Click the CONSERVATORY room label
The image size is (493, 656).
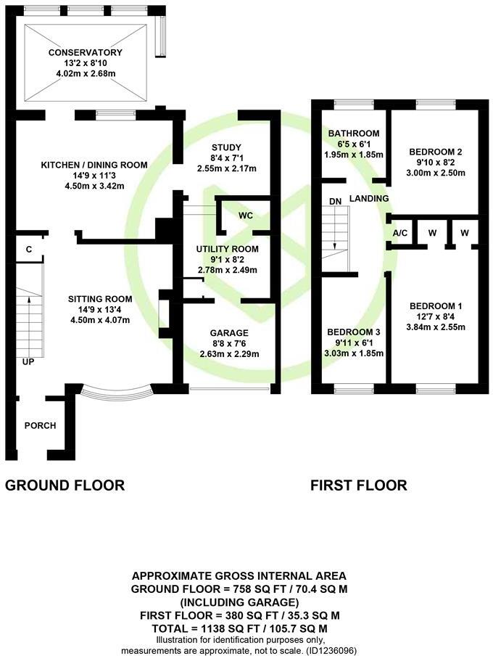(86, 53)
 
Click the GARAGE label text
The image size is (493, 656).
(224, 332)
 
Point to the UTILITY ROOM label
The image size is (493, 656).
(228, 248)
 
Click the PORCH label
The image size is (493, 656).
(40, 425)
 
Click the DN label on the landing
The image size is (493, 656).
(335, 201)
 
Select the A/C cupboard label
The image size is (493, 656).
(399, 233)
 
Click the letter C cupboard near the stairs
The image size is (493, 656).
(28, 250)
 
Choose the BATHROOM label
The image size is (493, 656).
(354, 134)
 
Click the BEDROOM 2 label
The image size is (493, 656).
(435, 152)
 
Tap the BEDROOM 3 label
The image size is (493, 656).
(354, 332)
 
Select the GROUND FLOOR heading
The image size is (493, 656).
(65, 485)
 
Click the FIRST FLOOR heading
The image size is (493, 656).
(359, 485)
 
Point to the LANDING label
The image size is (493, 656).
(369, 198)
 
